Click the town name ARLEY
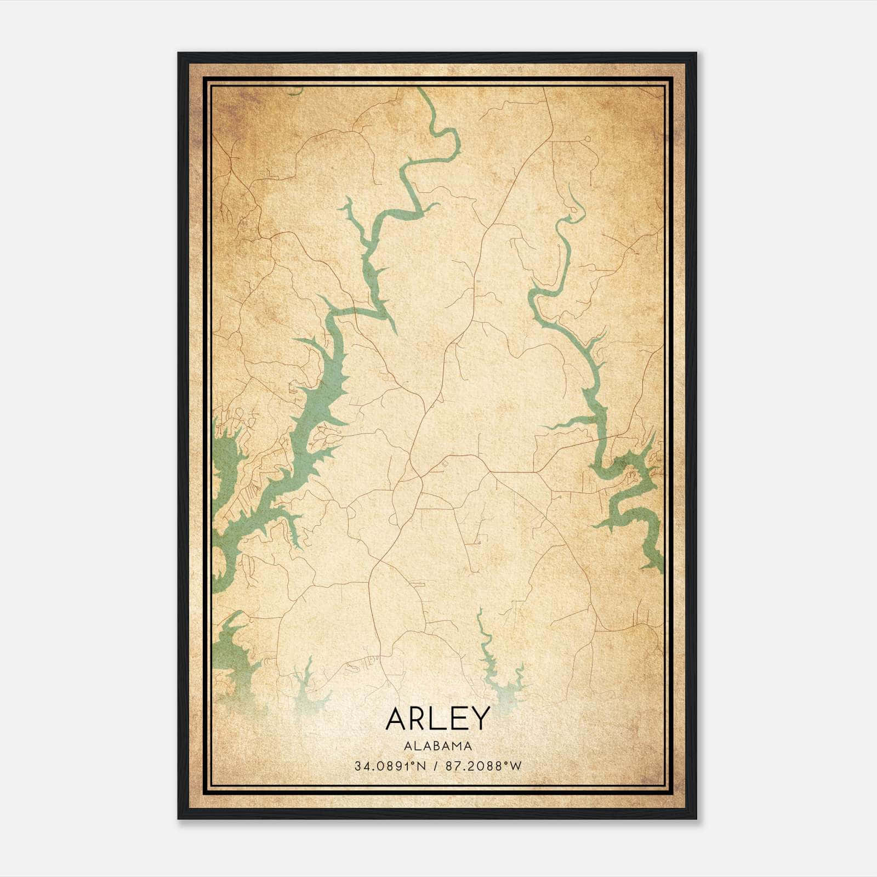(437, 719)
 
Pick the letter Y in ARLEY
(478, 719)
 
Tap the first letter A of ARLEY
(396, 719)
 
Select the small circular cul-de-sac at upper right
(587, 139)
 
